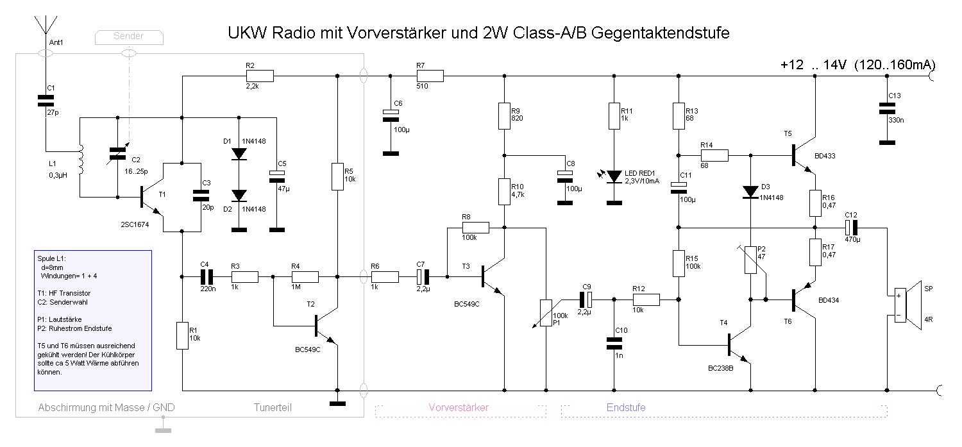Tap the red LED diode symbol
point(615,176)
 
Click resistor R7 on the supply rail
point(430,76)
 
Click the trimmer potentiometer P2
point(750,260)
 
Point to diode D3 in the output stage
point(750,192)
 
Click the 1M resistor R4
point(305,277)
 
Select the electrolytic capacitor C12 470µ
point(851,227)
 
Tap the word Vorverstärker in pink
point(458,407)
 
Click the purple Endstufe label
point(626,407)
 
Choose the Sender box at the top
point(128,37)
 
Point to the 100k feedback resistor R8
point(475,227)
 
